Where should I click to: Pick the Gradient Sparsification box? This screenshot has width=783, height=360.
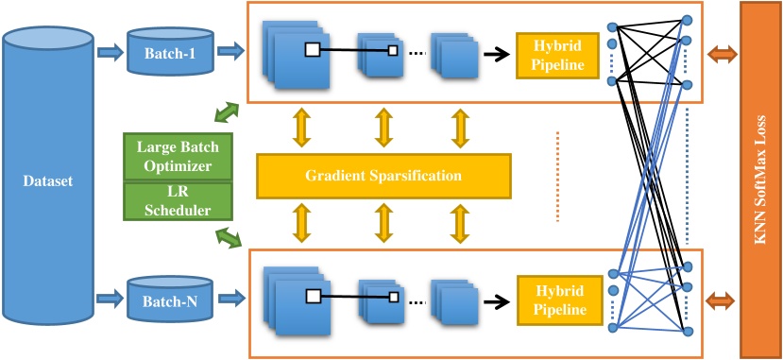(x=383, y=176)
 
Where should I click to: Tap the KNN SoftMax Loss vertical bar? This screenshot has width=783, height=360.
(x=760, y=180)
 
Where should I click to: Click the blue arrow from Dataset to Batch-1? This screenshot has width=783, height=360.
(x=111, y=52)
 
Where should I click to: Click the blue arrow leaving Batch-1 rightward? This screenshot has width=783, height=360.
(x=230, y=52)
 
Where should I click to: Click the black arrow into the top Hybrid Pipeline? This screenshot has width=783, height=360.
(x=494, y=54)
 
